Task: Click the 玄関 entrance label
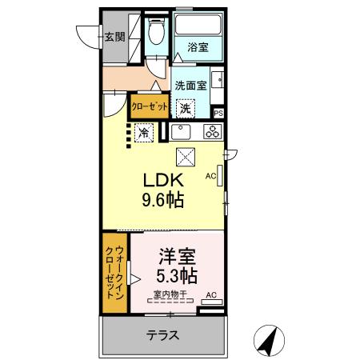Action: [x=114, y=35]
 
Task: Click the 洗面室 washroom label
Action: [x=191, y=82]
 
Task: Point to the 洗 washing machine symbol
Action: [x=186, y=108]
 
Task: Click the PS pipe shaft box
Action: [x=218, y=114]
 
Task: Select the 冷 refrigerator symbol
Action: [x=144, y=133]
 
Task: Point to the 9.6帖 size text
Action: [x=165, y=200]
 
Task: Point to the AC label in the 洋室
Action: [x=211, y=295]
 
